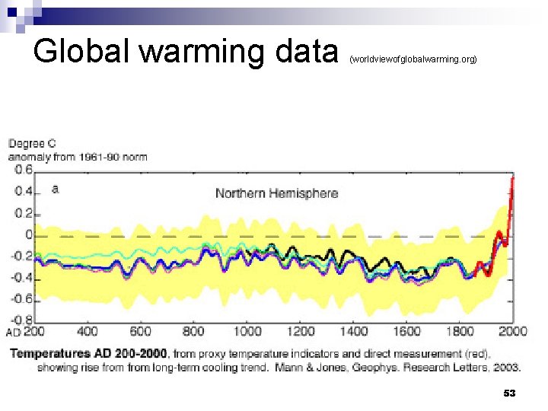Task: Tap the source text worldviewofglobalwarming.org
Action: [x=413, y=58]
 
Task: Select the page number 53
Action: [x=509, y=393]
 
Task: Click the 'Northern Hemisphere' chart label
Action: [x=276, y=193]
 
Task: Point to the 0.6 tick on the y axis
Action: [x=24, y=170]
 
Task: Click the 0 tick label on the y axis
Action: [x=29, y=234]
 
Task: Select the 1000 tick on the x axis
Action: [x=247, y=331]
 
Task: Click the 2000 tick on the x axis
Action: [x=512, y=331]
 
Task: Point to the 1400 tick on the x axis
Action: [x=353, y=331]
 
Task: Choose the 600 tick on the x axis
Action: [x=141, y=331]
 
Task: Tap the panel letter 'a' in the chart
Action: [x=54, y=188]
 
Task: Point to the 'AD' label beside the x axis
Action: [x=13, y=333]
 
